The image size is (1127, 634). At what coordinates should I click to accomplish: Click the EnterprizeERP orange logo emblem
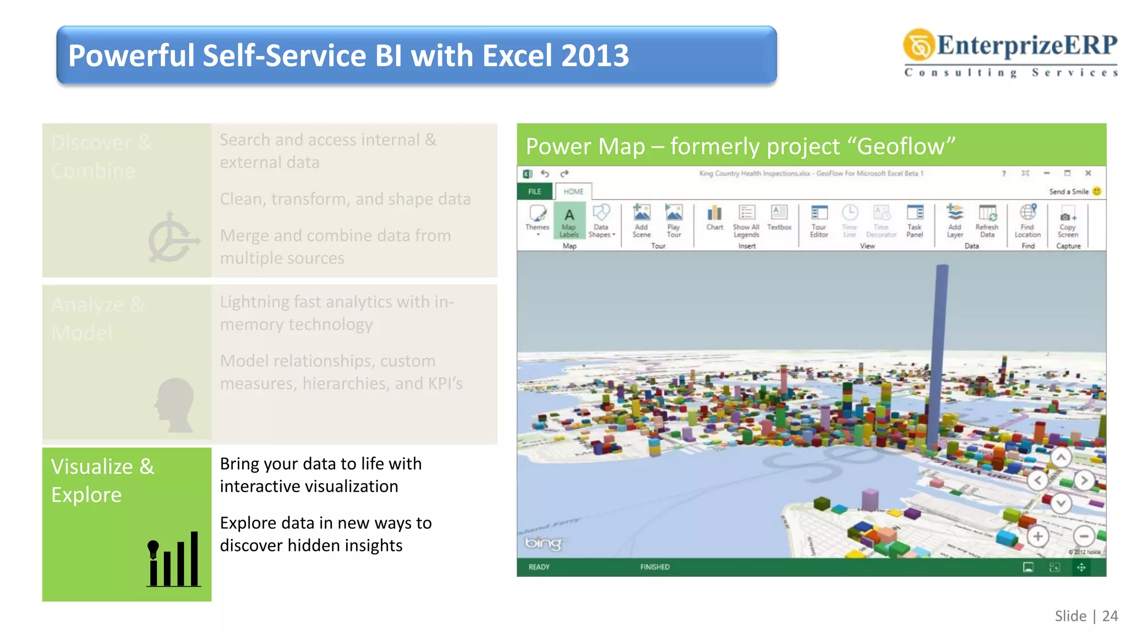918,45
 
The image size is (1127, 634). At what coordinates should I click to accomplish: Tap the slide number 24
1110,616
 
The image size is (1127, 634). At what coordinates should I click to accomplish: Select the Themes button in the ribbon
537,218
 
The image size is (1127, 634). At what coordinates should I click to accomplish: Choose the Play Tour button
674,220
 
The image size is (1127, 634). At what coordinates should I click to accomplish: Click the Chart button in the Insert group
714,217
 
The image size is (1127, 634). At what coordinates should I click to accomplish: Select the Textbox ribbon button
779,217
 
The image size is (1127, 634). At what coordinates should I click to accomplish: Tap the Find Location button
1027,220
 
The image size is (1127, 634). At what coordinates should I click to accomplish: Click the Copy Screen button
1068,221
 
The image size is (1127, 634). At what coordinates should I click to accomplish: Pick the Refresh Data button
987,220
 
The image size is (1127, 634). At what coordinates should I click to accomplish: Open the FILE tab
535,192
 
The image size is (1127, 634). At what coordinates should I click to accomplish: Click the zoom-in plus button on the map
1038,536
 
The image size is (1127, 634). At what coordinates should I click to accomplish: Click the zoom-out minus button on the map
1084,536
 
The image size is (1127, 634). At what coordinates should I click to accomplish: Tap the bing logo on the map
543,543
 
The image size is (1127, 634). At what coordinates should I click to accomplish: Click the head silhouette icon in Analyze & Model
175,405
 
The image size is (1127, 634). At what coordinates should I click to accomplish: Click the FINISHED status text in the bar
655,567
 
